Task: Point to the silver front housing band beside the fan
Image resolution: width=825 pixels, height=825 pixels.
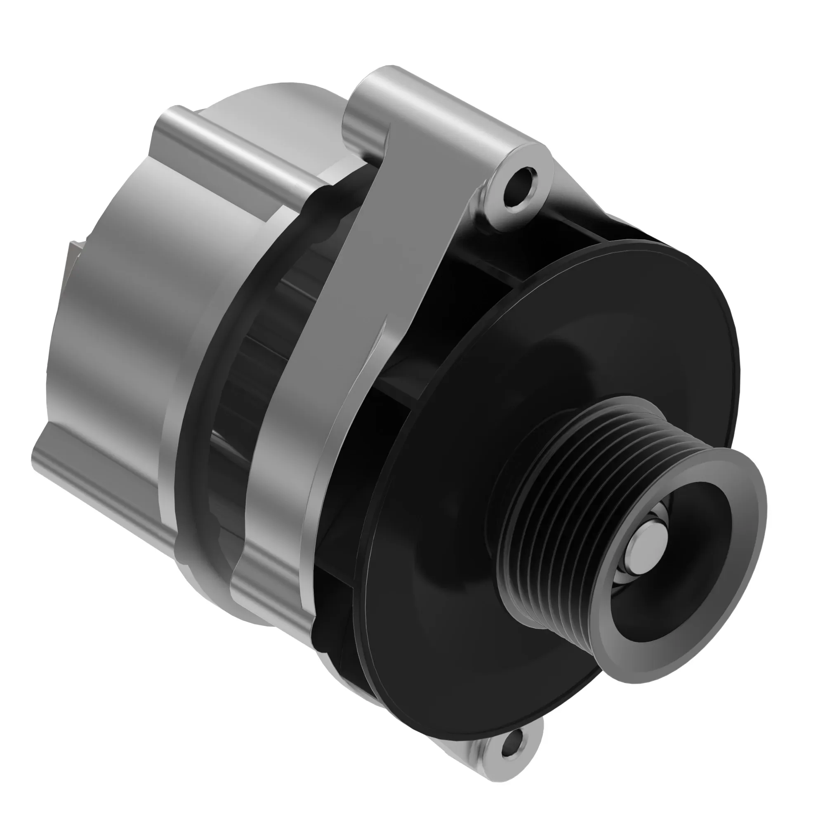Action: pos(278,512)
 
